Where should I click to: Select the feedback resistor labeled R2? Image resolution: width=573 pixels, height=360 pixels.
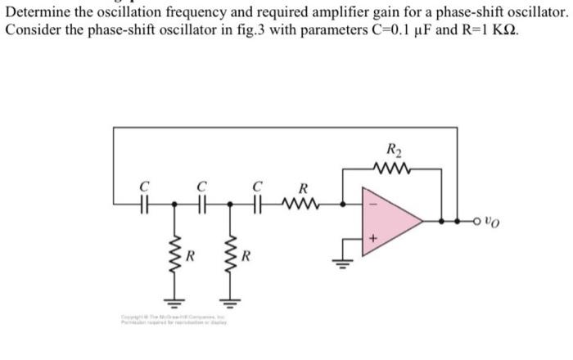pos(394,169)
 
